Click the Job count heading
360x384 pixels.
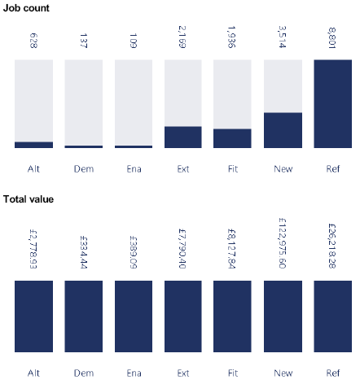(26, 7)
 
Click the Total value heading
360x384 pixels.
(29, 199)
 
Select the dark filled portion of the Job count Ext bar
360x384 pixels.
(183, 137)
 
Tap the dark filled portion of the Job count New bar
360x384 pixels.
(283, 130)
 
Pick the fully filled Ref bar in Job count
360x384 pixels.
(332, 104)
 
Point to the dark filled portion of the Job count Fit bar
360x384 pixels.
(233, 138)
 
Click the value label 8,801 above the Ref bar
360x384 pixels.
(333, 38)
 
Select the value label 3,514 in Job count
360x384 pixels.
(283, 38)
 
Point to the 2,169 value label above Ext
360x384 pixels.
(183, 38)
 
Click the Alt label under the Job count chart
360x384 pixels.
(33, 169)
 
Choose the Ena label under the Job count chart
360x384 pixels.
(134, 169)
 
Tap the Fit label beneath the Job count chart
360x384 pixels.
(233, 169)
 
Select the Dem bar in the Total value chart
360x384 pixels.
(84, 316)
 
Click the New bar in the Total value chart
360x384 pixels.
(283, 316)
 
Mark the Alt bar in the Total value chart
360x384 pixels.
(33, 316)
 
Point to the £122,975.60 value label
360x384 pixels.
(283, 244)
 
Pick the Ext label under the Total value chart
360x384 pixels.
(183, 372)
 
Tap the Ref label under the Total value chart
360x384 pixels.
(332, 372)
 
